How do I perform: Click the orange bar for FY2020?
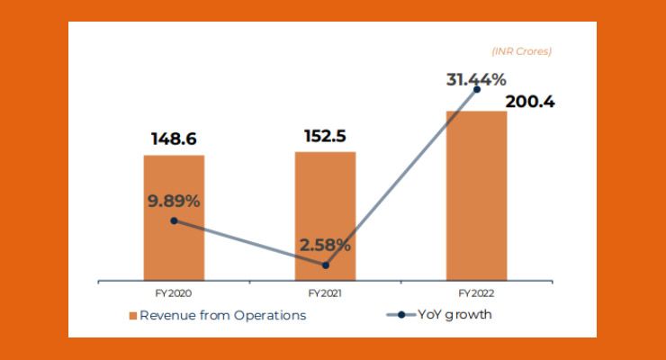(174, 243)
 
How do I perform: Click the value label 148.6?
(174, 139)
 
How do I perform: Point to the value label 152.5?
(325, 136)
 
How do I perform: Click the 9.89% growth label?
(174, 201)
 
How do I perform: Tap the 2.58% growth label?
(325, 244)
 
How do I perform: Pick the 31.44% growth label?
(476, 79)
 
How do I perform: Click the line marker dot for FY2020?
(174, 220)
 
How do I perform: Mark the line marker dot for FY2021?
(325, 265)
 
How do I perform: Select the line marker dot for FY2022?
(476, 89)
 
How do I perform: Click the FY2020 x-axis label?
(174, 293)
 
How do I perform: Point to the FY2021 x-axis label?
(325, 293)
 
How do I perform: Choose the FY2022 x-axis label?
(476, 293)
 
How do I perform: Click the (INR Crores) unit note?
(521, 51)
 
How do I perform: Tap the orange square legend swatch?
(132, 316)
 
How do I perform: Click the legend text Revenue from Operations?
(222, 315)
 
